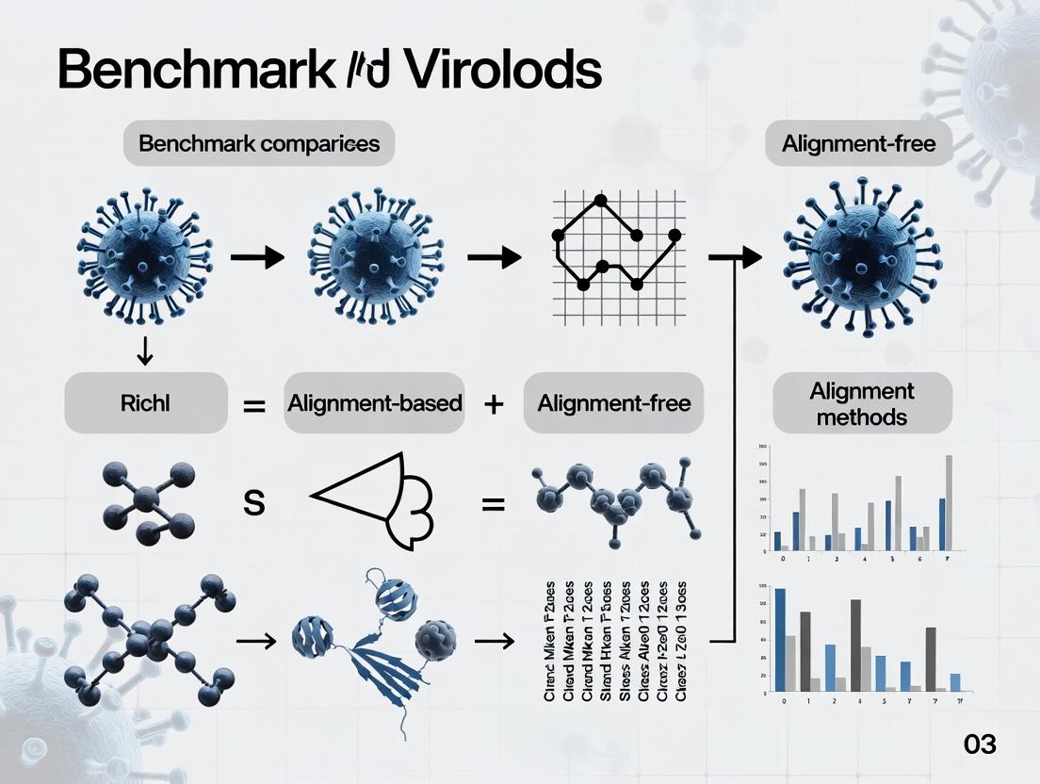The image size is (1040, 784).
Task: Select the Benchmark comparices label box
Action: pos(259,144)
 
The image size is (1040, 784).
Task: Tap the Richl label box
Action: pos(145,403)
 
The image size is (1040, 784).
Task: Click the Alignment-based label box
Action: pos(374,403)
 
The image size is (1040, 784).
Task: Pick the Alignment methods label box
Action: pos(862,404)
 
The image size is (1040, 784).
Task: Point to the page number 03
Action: pos(980,743)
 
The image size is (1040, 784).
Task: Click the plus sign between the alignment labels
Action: pos(494,404)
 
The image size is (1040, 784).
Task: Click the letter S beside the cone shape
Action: pos(253,502)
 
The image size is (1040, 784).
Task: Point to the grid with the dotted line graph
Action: pos(616,242)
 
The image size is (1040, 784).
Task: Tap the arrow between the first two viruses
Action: pos(256,256)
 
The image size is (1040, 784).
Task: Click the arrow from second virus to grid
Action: pos(494,256)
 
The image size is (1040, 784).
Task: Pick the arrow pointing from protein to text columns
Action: pos(494,641)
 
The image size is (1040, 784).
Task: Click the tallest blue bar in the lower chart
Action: pos(780,640)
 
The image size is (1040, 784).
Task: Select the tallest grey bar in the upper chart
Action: pos(949,502)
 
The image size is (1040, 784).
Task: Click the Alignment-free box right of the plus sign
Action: pos(614,403)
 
